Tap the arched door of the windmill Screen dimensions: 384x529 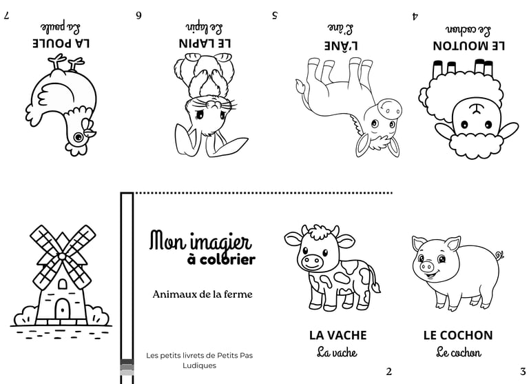click(62, 309)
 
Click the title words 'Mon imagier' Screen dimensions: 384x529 click(200, 241)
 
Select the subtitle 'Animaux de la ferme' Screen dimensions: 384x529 click(203, 294)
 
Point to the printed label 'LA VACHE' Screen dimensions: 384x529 click(338, 335)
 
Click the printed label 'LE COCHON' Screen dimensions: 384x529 click(458, 335)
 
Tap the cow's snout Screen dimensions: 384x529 click(311, 261)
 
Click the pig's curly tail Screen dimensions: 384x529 click(498, 256)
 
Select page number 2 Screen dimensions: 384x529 click(388, 372)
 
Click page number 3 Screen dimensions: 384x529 click(523, 372)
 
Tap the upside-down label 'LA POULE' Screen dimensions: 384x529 click(62, 43)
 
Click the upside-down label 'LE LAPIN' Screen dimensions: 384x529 click(205, 43)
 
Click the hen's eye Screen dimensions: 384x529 click(78, 137)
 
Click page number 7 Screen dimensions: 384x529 click(6, 14)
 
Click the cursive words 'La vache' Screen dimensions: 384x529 click(337, 352)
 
